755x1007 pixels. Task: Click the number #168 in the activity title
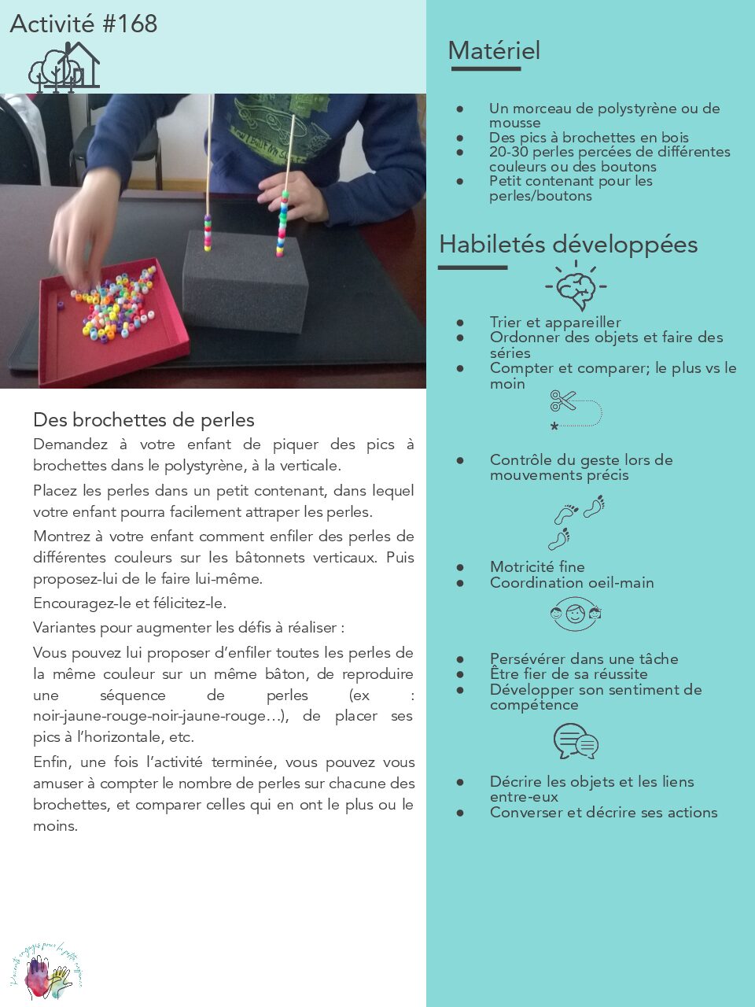point(130,24)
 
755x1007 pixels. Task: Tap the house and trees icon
point(64,67)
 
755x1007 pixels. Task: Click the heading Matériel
point(494,51)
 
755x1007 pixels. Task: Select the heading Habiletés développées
point(568,244)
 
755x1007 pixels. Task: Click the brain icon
point(576,286)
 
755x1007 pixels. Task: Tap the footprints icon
point(577,522)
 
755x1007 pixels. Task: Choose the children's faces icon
point(576,614)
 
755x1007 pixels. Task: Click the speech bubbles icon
point(576,742)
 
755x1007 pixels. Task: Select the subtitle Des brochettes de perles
point(144,420)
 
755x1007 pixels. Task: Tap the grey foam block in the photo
point(245,282)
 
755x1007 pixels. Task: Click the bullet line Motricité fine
point(537,566)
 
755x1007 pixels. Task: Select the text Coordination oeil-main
point(572,583)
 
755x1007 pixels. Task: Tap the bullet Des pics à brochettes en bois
point(588,138)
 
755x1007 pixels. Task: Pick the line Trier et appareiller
point(555,323)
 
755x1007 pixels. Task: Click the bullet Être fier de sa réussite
point(569,674)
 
